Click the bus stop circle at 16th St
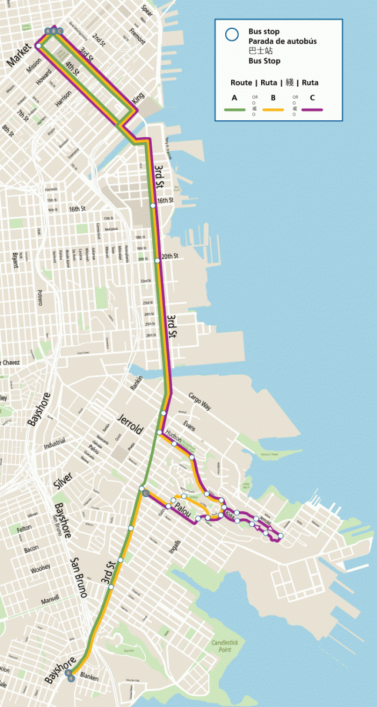pyautogui.click(x=153, y=205)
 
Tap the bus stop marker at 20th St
pyautogui.click(x=157, y=260)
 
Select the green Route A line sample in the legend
pyautogui.click(x=235, y=109)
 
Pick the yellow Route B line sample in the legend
pyautogui.click(x=273, y=109)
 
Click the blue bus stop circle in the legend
pyautogui.click(x=232, y=35)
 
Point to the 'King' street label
pyautogui.click(x=138, y=98)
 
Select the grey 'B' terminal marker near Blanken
pyautogui.click(x=72, y=678)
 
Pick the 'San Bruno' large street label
pyautogui.click(x=79, y=577)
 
